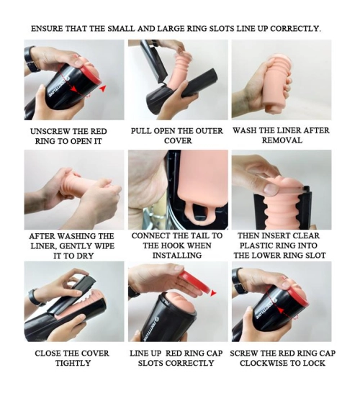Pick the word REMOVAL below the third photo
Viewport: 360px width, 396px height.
click(282, 140)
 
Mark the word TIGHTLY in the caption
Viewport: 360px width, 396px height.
click(73, 363)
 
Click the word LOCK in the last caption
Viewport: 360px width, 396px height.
click(314, 363)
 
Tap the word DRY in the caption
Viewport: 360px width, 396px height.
click(84, 256)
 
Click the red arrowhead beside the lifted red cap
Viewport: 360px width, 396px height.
click(213, 293)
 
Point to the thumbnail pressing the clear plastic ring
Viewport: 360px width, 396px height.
click(270, 189)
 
